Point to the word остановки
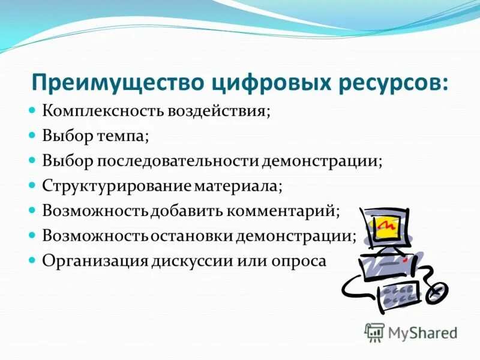(x=192, y=236)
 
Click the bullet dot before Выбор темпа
(x=33, y=136)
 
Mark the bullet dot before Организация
(x=33, y=260)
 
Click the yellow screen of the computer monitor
(x=386, y=226)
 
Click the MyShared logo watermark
(x=412, y=332)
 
